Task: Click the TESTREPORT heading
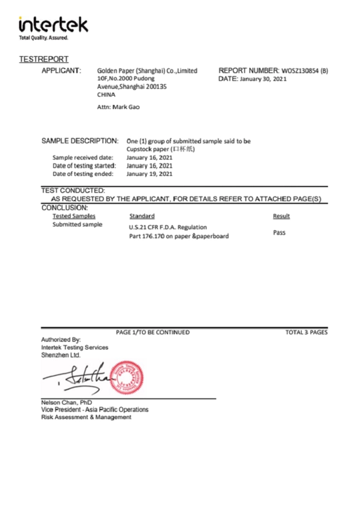pos(43,59)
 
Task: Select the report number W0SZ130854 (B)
pos(304,71)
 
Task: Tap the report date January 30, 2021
pos(263,80)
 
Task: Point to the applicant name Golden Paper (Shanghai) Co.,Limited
pos(147,71)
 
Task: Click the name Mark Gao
pos(126,106)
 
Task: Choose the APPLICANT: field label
pos(62,71)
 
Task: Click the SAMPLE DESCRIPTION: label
pos(80,141)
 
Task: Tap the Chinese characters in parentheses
pos(184,149)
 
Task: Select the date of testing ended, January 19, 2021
pos(149,173)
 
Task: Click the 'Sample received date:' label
pos(83,157)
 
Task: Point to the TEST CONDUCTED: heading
pos(73,191)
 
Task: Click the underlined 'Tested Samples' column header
pos(74,216)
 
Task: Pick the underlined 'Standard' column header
pos(142,216)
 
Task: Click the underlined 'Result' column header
pos(281,216)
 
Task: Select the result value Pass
pos(279,232)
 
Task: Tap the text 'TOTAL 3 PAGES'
pos(306,332)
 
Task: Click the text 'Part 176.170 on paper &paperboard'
pos(179,236)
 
